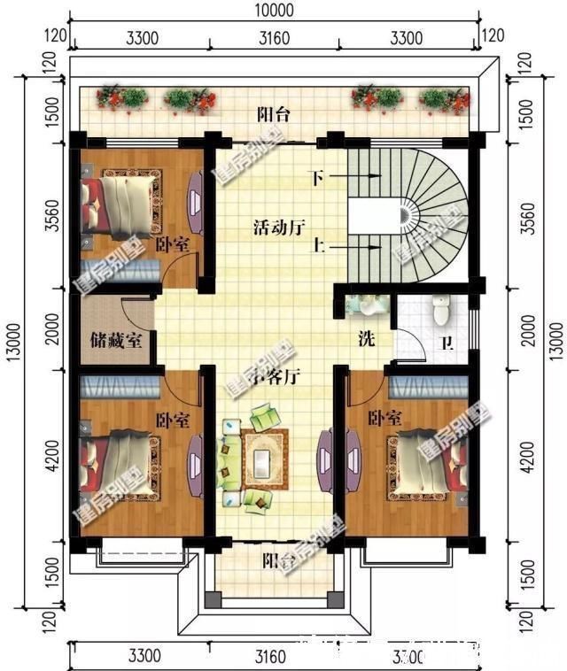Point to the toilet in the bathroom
(x=440, y=310)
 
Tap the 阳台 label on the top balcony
(x=273, y=114)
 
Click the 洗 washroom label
(x=366, y=338)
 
